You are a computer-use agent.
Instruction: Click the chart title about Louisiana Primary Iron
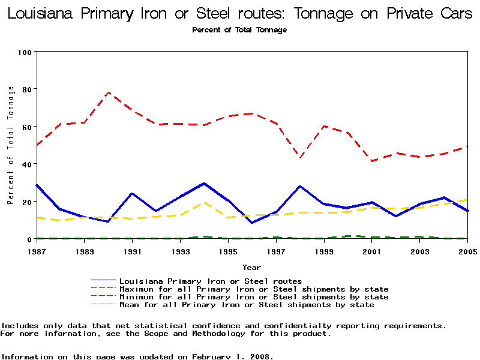[240, 14]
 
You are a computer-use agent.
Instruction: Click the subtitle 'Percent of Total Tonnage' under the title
[239, 30]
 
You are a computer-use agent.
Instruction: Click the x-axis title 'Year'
[251, 267]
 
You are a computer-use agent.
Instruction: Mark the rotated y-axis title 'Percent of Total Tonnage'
[11, 145]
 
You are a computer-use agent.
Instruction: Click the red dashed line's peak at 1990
[108, 92]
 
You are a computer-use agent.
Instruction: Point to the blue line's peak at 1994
[204, 184]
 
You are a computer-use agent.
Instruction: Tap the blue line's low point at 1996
[252, 223]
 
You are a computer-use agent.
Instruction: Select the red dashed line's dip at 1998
[300, 158]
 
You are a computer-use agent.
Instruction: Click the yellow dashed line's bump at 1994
[204, 203]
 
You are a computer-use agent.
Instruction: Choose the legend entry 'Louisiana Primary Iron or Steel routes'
[211, 281]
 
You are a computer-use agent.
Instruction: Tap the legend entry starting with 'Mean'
[247, 305]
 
